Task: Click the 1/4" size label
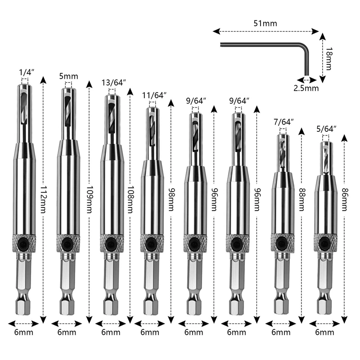tap(26, 72)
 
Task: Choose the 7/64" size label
tap(283, 122)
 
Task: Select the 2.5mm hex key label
tap(306, 88)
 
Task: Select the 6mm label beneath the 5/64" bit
tap(325, 333)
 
